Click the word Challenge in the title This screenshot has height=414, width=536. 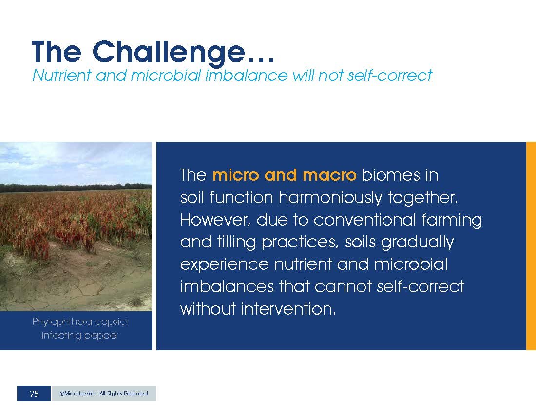click(169, 52)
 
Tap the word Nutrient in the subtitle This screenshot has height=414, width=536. click(62, 75)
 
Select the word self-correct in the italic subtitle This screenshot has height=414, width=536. click(390, 75)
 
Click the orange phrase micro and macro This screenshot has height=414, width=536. click(285, 175)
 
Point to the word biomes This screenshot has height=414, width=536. click(391, 175)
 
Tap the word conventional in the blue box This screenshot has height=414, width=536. click(364, 220)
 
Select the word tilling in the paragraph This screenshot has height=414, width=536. click(236, 243)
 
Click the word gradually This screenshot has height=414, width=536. click(418, 243)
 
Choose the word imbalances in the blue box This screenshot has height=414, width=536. click(227, 286)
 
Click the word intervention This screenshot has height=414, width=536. click(288, 309)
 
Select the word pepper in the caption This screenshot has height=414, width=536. click(101, 336)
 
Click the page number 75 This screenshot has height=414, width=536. click(34, 394)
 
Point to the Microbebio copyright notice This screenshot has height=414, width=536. click(104, 394)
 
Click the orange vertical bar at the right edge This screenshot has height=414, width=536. click(531, 246)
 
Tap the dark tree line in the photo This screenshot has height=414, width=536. click(76, 188)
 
